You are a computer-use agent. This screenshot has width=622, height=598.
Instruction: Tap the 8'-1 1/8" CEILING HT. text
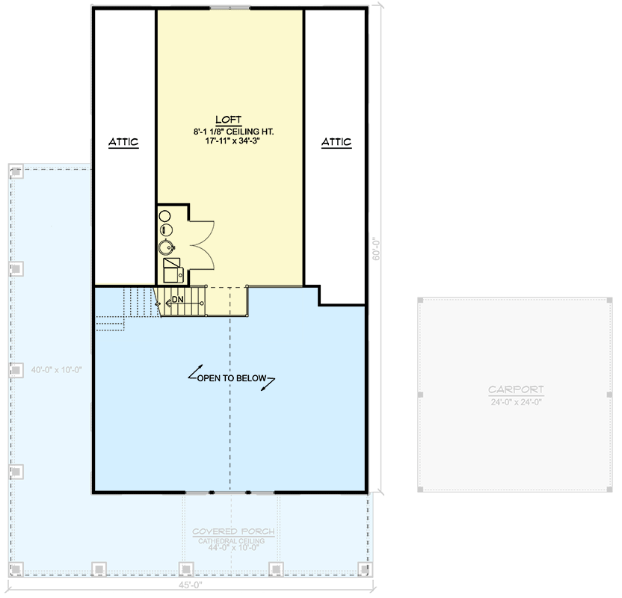pyautogui.click(x=229, y=132)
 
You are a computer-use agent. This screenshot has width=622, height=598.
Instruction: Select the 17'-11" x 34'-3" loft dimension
pyautogui.click(x=229, y=143)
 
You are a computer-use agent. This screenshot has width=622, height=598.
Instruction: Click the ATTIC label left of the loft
pyautogui.click(x=123, y=142)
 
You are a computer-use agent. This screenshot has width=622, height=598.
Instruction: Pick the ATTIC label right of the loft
pyautogui.click(x=336, y=142)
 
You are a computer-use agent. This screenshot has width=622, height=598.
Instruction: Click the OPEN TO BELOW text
pyautogui.click(x=232, y=378)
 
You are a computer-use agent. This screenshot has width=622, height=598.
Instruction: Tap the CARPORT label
pyautogui.click(x=516, y=390)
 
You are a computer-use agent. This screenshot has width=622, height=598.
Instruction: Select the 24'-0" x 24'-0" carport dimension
pyautogui.click(x=516, y=401)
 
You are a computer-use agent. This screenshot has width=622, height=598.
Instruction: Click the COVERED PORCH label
pyautogui.click(x=233, y=532)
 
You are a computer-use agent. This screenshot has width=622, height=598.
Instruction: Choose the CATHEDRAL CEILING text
pyautogui.click(x=233, y=541)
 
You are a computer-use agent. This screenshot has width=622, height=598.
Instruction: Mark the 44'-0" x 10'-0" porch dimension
pyautogui.click(x=233, y=549)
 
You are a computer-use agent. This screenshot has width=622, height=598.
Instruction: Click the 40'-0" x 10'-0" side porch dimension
pyautogui.click(x=56, y=369)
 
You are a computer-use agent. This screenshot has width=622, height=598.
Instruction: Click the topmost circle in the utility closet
pyautogui.click(x=166, y=216)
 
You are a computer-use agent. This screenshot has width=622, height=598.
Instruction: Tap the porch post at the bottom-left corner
pyautogui.click(x=16, y=569)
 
